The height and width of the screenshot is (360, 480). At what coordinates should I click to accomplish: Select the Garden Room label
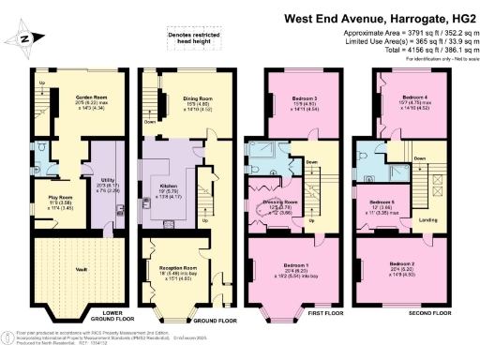[x=67, y=95]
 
